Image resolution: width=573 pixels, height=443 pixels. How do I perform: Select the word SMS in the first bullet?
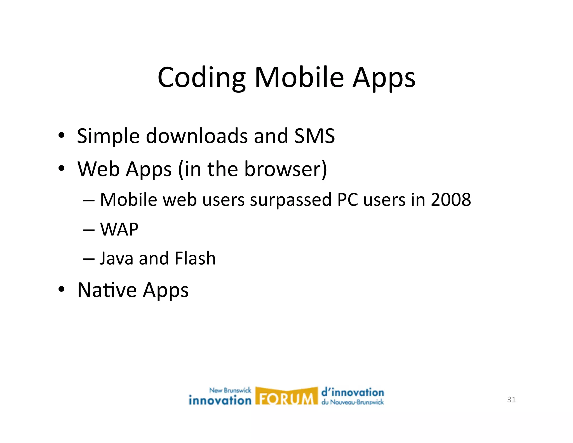tap(314, 136)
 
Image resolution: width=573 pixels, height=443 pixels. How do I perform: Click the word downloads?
tap(197, 136)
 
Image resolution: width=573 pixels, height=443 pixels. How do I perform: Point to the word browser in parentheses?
tap(283, 169)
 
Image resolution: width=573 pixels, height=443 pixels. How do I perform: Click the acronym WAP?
tap(119, 229)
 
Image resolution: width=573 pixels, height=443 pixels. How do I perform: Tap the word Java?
tap(116, 258)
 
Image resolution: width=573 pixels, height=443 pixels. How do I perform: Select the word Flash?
tap(195, 258)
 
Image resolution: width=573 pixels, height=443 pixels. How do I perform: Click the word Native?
tap(107, 290)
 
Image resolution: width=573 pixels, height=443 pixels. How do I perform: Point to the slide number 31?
tap(511, 400)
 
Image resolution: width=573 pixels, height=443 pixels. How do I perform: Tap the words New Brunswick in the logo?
tap(230, 390)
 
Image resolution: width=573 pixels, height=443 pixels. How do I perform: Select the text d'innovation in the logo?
tap(353, 393)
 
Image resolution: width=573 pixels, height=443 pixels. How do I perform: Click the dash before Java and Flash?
tap(89, 259)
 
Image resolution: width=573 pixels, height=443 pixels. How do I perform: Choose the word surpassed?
tap(290, 200)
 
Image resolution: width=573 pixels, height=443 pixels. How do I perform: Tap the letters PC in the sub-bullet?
tap(347, 200)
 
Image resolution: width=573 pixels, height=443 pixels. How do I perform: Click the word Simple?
tap(108, 136)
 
